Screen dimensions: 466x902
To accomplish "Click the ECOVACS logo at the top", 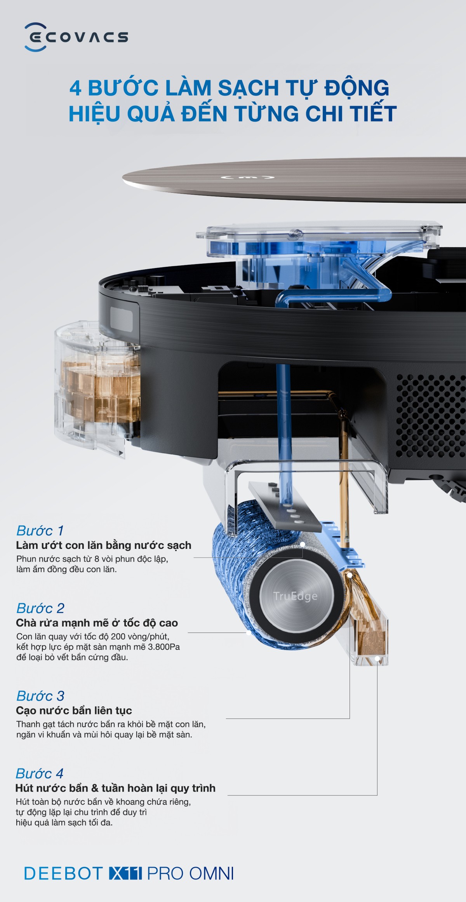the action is pyautogui.click(x=76, y=37).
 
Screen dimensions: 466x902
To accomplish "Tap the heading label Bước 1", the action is pyautogui.click(x=40, y=531).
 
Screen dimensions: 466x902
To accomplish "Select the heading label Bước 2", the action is pyautogui.click(x=40, y=608).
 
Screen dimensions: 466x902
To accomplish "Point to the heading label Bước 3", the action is pyautogui.click(x=40, y=696).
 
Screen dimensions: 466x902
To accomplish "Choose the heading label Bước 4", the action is pyautogui.click(x=39, y=773).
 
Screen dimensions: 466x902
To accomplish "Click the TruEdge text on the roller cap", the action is pyautogui.click(x=295, y=596).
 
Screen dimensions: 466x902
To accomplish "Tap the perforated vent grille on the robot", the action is pyautogui.click(x=430, y=416).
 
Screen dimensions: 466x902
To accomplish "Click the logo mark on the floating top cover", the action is pyautogui.click(x=248, y=178).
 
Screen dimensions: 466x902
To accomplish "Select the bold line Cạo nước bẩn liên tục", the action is pyautogui.click(x=74, y=710).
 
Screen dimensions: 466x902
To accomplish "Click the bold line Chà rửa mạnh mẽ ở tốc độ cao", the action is pyautogui.click(x=97, y=623).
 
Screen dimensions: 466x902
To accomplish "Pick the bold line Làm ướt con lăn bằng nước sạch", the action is pyautogui.click(x=104, y=545).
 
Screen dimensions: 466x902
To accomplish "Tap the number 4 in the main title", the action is pyautogui.click(x=75, y=88).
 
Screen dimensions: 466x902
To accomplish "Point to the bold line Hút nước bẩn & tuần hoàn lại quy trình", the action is pyautogui.click(x=115, y=788).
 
